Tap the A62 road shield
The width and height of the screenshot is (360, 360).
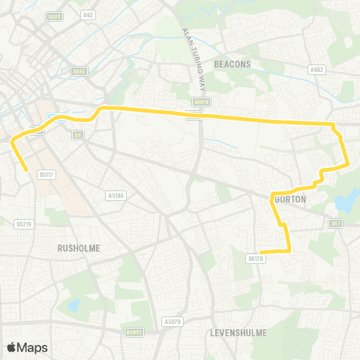click(89, 14)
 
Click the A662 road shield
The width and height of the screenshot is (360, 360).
click(317, 70)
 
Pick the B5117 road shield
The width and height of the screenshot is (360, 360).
click(46, 175)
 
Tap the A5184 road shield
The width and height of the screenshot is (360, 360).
click(115, 196)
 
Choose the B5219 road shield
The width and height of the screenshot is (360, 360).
click(24, 223)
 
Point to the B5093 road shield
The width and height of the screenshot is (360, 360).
click(134, 331)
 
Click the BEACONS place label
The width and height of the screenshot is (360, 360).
click(232, 64)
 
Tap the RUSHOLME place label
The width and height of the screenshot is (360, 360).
click(79, 247)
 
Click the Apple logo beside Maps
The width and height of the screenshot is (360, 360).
click(11, 347)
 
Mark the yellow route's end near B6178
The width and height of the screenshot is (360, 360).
click(260, 252)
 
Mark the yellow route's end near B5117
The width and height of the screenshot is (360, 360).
click(27, 171)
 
